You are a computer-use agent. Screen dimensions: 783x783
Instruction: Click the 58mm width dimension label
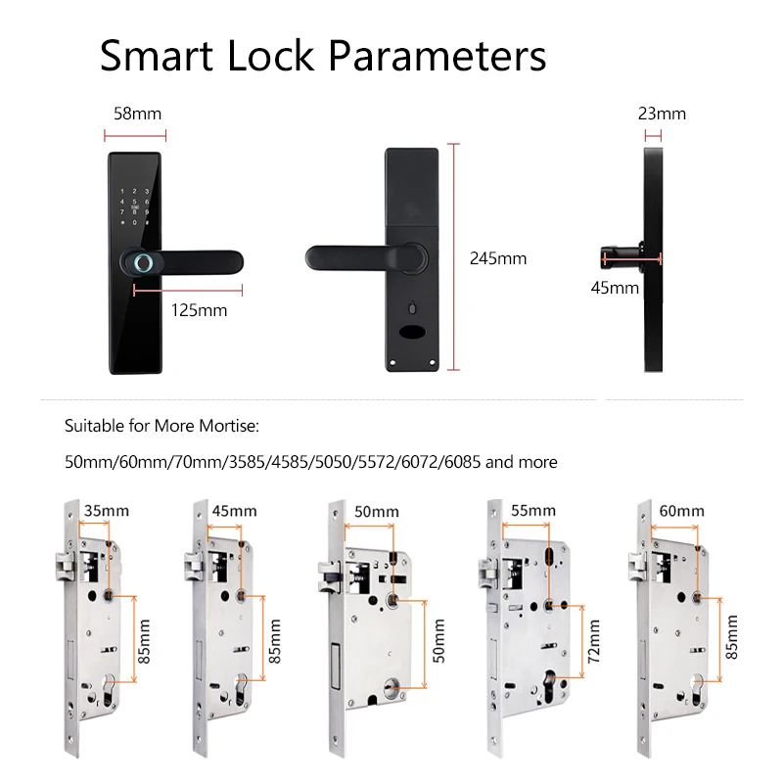(x=138, y=114)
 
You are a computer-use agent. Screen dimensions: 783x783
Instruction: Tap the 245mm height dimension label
(x=498, y=259)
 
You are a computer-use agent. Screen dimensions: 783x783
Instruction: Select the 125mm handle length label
(x=199, y=310)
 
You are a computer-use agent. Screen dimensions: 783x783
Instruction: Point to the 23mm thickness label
(x=662, y=114)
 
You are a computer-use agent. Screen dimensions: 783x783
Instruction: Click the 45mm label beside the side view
(x=615, y=288)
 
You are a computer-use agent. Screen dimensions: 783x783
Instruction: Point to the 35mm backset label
(x=107, y=511)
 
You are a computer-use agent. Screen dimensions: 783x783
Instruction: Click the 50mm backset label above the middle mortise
(x=376, y=512)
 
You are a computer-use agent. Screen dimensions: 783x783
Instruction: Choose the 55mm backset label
(x=532, y=511)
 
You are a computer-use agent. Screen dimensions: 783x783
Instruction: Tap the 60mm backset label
(x=681, y=511)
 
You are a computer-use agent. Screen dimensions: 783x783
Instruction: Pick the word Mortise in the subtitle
(x=226, y=427)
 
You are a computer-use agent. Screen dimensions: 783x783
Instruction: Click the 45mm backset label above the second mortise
(x=235, y=511)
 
